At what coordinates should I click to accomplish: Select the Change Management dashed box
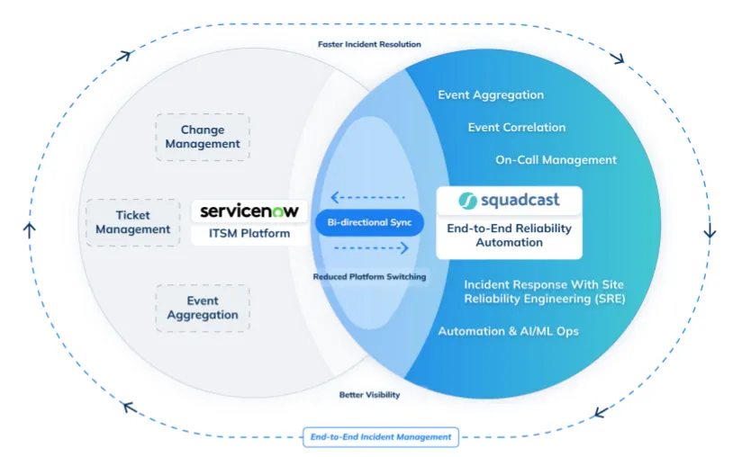[203, 137]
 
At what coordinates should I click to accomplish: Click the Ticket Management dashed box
[132, 222]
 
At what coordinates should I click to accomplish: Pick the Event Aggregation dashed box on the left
[203, 308]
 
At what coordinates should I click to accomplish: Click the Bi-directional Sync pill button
[368, 222]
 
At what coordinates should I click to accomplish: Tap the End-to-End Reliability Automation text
[509, 235]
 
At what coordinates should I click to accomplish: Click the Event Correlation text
[517, 127]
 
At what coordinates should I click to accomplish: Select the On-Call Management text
[556, 159]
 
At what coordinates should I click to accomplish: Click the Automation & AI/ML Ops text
[508, 331]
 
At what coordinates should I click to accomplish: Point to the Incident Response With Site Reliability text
[544, 291]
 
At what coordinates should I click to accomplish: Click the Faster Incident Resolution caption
[369, 44]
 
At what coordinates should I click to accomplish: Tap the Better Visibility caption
[369, 395]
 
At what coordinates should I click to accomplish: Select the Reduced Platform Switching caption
[369, 276]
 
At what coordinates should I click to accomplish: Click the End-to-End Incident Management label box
[380, 437]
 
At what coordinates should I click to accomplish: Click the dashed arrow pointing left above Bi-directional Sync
[368, 197]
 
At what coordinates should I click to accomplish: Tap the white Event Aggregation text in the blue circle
[491, 94]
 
